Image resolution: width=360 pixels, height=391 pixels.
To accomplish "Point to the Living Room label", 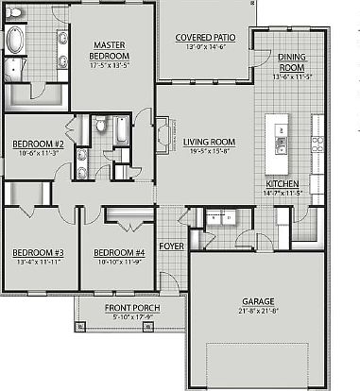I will click(209, 143).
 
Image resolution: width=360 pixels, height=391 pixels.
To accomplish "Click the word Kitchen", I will click(283, 183).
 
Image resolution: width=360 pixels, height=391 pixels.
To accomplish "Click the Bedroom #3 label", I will click(39, 253).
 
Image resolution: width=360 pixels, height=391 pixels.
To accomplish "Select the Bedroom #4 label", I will click(118, 253).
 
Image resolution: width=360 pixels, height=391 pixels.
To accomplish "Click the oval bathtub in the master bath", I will click(18, 40).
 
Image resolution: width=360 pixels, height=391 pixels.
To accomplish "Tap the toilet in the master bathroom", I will click(16, 68).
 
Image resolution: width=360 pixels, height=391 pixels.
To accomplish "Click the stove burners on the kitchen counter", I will click(317, 146).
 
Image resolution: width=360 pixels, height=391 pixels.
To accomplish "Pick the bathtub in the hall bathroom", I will click(124, 129).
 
